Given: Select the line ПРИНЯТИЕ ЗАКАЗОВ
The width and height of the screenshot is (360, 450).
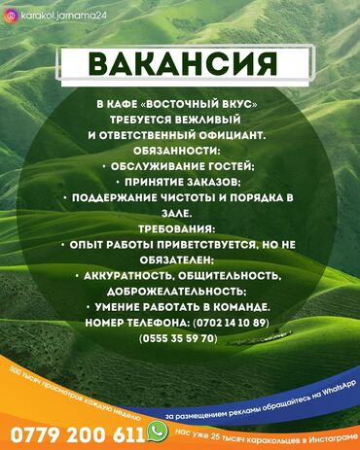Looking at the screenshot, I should [180, 182].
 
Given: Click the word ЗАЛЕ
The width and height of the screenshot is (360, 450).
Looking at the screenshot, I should [179, 213].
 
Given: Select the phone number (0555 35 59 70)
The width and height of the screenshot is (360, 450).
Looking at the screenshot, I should [179, 337].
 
